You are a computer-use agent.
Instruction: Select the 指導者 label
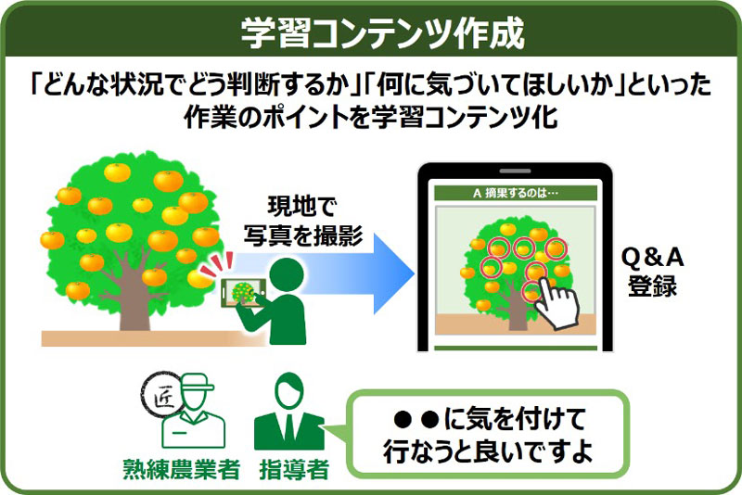point(291,469)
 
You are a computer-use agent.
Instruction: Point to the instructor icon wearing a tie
point(290,412)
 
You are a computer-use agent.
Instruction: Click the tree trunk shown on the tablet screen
point(515,297)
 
